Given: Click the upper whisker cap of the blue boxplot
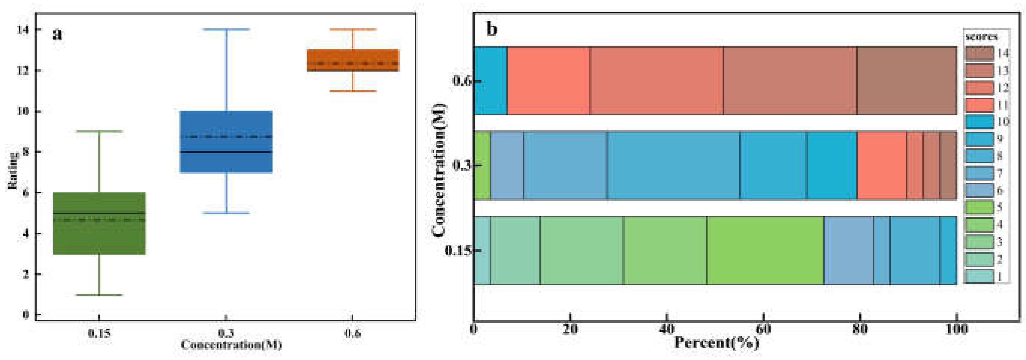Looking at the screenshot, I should point(226,30).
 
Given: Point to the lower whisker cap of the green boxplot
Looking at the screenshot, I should point(99,295).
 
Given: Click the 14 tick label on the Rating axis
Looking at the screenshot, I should point(23,30).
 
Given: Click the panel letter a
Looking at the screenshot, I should point(58,34).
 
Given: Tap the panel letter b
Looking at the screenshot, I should point(492,30).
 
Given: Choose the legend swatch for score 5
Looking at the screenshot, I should point(979,208).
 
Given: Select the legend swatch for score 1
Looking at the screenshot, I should point(979,276).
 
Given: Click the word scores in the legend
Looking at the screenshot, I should point(981,37).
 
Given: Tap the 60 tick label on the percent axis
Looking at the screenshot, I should point(763,329).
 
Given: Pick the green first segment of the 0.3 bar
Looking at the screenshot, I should point(482,165).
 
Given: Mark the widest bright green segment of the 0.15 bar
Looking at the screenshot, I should point(765,250).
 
